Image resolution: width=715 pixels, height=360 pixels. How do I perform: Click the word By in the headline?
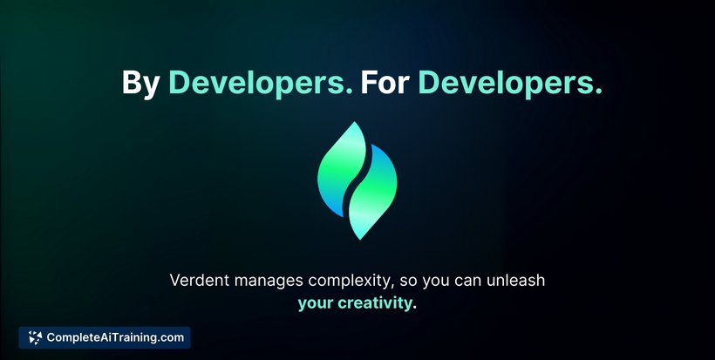140,83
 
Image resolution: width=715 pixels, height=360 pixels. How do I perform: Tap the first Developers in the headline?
261,82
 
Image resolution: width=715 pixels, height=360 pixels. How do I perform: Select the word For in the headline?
385,82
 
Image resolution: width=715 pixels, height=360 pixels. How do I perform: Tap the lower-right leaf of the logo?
374,194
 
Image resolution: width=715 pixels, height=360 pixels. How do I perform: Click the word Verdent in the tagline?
200,280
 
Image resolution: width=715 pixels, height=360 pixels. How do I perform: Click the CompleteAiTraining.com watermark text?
115,337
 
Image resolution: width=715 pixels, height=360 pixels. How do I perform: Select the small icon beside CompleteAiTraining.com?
35,337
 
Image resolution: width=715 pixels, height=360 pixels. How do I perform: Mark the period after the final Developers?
598,92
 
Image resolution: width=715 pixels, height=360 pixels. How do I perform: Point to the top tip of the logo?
355,122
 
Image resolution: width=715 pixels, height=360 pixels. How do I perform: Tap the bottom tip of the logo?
360,239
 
